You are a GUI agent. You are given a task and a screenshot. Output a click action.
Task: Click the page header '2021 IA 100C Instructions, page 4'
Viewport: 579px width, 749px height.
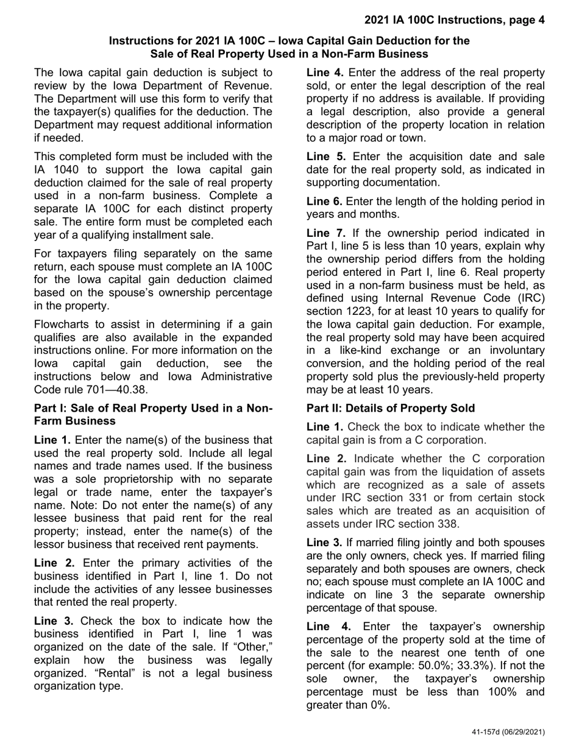tap(454, 20)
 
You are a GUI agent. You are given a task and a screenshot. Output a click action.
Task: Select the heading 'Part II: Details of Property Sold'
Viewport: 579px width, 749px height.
tap(390, 408)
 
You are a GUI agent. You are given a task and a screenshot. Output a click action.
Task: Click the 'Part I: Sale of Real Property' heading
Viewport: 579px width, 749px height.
tap(153, 414)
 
